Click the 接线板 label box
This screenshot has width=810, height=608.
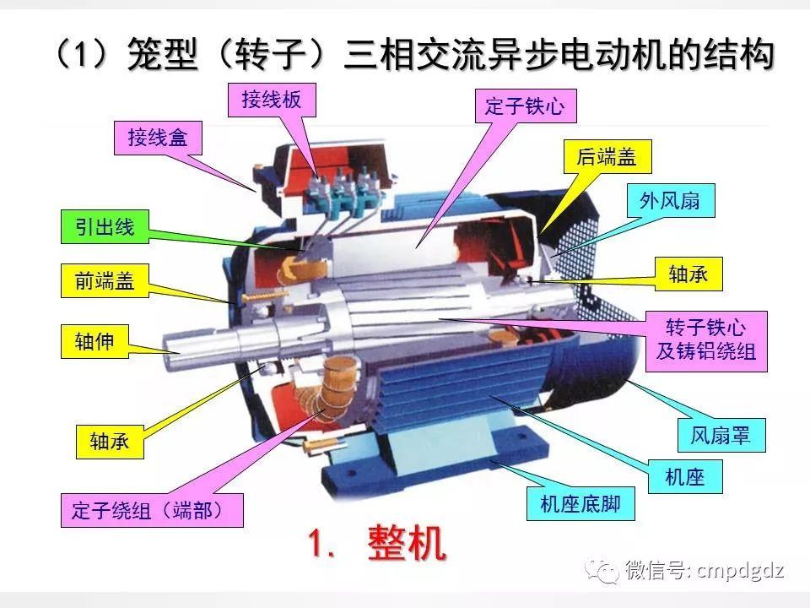pyautogui.click(x=265, y=101)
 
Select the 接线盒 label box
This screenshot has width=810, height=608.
pyautogui.click(x=158, y=138)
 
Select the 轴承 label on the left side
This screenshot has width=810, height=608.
pyautogui.click(x=109, y=441)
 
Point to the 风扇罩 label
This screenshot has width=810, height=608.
pyautogui.click(x=714, y=436)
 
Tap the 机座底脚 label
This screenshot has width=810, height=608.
pyautogui.click(x=580, y=504)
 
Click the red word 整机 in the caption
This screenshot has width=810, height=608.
pyautogui.click(x=406, y=545)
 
